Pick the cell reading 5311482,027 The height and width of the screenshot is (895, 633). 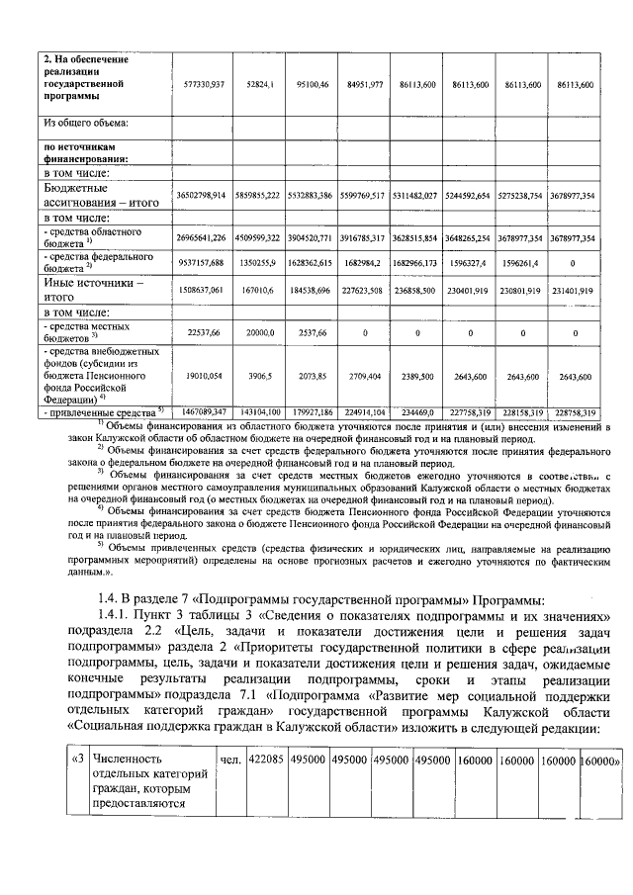(x=417, y=197)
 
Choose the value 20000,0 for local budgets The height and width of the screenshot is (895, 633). (x=260, y=334)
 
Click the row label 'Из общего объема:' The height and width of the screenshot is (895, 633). (x=86, y=124)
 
